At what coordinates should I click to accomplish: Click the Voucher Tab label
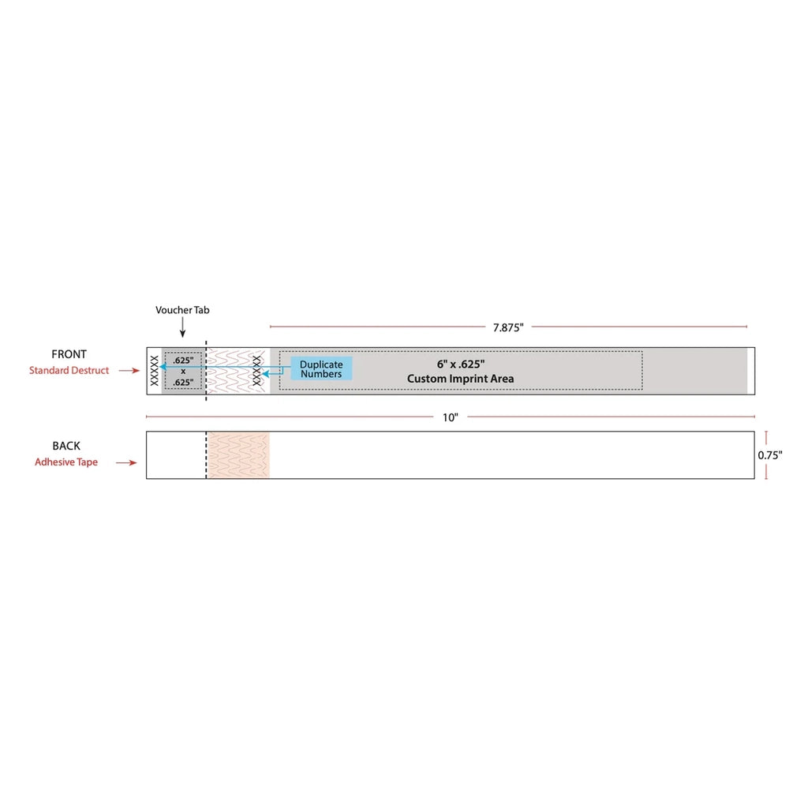tap(182, 310)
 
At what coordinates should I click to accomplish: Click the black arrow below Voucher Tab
tap(183, 327)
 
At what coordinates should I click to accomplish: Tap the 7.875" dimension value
tap(508, 327)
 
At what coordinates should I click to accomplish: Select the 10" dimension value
tap(451, 417)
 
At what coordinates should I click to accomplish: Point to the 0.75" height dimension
tap(770, 455)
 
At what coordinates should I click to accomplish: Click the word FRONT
tap(69, 354)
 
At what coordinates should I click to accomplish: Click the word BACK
tap(66, 446)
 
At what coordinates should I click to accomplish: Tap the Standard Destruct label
tap(69, 370)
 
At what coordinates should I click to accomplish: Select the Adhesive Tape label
tap(66, 462)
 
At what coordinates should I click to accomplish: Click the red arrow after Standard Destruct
tap(129, 370)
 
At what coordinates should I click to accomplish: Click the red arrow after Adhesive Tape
tap(126, 462)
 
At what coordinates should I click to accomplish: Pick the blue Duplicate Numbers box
tap(322, 368)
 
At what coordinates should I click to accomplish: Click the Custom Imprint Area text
tap(461, 379)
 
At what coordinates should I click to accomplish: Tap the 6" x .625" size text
tap(461, 365)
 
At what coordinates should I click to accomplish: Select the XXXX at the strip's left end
tap(155, 371)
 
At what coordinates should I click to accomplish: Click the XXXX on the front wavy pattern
tap(257, 371)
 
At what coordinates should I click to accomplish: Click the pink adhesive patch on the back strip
tap(238, 455)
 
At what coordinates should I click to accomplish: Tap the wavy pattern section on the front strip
tap(237, 371)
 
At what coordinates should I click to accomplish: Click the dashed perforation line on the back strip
tap(206, 455)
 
